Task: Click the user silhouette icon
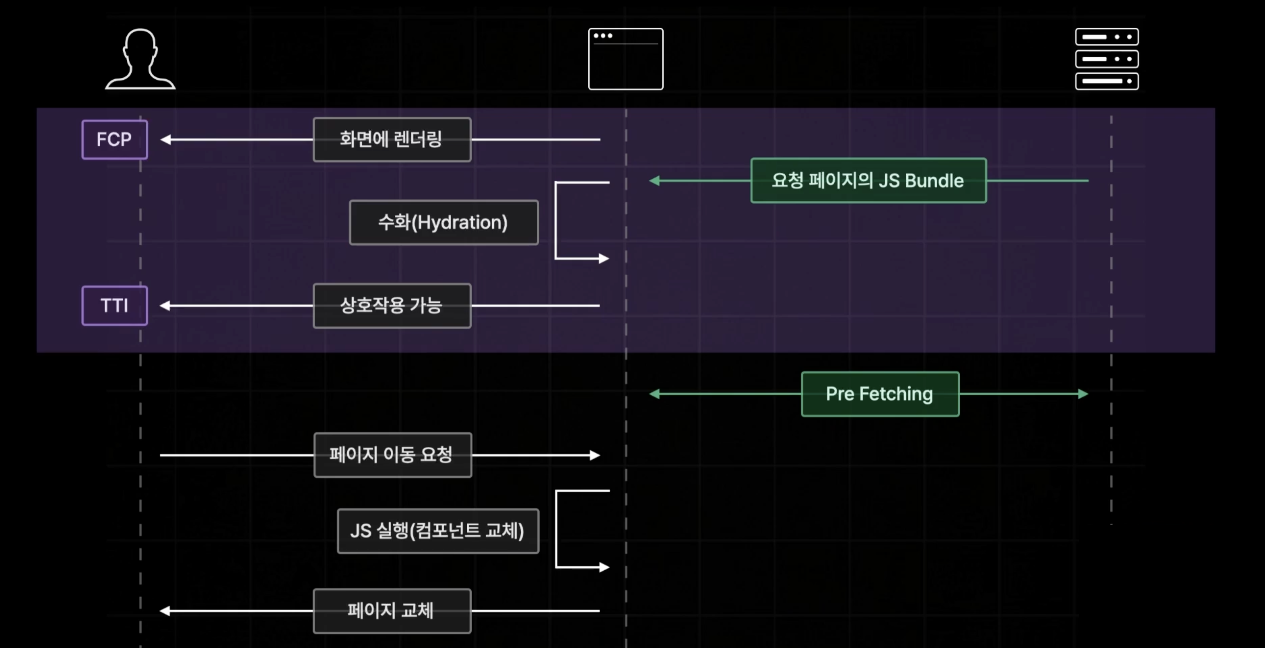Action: [140, 59]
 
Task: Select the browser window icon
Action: [626, 59]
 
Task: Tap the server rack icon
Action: [1107, 59]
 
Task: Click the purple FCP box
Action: [115, 139]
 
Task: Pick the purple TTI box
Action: [115, 305]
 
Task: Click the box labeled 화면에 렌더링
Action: [392, 139]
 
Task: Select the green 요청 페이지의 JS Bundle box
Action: [868, 181]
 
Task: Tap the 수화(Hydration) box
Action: [443, 223]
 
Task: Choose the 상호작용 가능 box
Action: [392, 305]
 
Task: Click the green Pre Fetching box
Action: [880, 394]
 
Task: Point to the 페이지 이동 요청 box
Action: [392, 454]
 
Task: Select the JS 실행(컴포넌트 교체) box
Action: [438, 531]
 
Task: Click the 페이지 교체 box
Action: [392, 611]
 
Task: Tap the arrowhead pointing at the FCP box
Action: [166, 139]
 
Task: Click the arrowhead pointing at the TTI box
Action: [165, 305]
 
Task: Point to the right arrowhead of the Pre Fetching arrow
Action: [1083, 394]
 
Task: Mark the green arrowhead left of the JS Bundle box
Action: [654, 181]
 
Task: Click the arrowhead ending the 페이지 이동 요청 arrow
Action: [595, 455]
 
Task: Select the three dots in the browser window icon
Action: [603, 35]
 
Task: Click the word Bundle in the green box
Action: [934, 181]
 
